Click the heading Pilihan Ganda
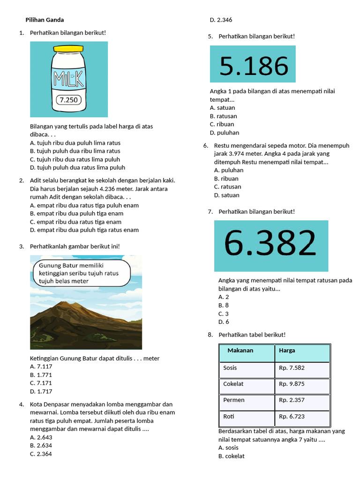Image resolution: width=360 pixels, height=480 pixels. (45, 20)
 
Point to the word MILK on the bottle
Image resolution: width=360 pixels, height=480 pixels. (69, 78)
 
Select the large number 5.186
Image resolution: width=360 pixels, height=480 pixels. (253, 65)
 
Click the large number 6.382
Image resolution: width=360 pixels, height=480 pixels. (270, 243)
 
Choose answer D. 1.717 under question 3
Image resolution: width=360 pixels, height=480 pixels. (41, 391)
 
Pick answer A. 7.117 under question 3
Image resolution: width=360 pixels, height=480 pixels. (41, 367)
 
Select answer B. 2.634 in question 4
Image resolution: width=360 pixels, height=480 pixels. (41, 445)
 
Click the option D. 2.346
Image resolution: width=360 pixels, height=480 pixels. (221, 20)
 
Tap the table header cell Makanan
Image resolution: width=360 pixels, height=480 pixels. (240, 351)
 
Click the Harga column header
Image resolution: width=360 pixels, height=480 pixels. (287, 351)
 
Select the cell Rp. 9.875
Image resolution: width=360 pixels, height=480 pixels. (292, 383)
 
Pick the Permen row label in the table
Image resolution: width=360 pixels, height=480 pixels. (234, 400)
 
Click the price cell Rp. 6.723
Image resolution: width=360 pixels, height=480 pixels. (292, 416)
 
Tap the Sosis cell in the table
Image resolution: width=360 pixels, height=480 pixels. (231, 367)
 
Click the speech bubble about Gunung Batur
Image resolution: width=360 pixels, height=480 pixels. (79, 273)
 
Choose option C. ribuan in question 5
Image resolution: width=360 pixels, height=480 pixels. (222, 124)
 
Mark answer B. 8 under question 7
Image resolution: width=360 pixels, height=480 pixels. (224, 305)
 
